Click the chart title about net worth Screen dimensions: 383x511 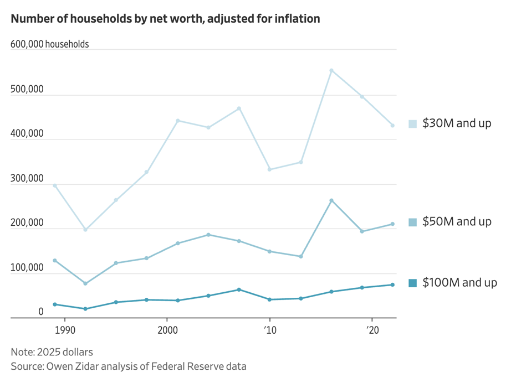pos(165,19)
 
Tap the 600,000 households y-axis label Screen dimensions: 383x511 pos(49,44)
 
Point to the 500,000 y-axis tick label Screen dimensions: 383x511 pos(27,90)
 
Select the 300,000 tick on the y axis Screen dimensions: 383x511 pos(27,179)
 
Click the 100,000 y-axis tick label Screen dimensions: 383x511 pos(27,268)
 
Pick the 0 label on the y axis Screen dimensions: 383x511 pos(40,312)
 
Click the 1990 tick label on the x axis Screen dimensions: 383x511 pos(65,328)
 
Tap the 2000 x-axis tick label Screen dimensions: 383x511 pos(167,328)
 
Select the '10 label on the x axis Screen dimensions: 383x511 pos(270,328)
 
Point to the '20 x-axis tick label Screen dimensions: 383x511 pos(372,328)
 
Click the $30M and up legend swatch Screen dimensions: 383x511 pos(412,123)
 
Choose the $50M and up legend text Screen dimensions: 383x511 pos(457,222)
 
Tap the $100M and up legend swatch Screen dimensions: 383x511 pos(412,283)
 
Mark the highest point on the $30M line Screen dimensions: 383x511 pos(331,70)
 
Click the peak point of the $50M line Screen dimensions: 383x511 pos(331,200)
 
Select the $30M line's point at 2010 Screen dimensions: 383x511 pos(270,169)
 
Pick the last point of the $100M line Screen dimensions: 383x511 pos(392,285)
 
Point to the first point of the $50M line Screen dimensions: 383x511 pos(55,260)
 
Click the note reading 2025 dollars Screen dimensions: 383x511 pos(52,352)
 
